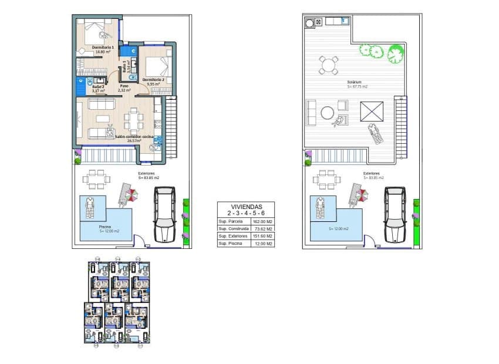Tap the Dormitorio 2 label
(x=153, y=79)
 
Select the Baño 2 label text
(x=98, y=87)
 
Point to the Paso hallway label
(x=124, y=86)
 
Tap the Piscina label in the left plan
(x=89, y=226)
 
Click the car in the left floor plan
(x=164, y=214)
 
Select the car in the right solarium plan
(x=395, y=214)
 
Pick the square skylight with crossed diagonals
(x=371, y=110)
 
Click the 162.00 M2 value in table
(x=262, y=222)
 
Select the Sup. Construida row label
(x=231, y=229)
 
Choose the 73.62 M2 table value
(x=262, y=229)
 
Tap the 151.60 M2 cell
(x=262, y=236)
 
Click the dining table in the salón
(x=133, y=121)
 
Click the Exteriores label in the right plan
(x=371, y=174)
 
